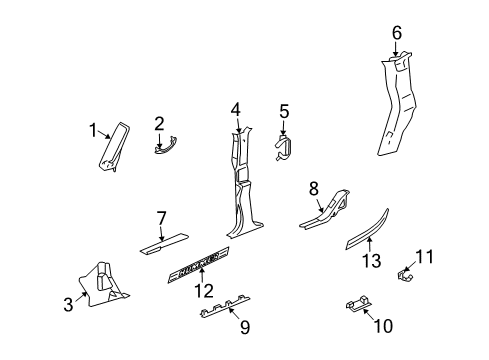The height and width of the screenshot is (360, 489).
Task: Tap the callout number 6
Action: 397,33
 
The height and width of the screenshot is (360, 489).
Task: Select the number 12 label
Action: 205,290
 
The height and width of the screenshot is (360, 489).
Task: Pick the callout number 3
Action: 68,304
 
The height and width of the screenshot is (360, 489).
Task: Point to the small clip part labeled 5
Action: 286,147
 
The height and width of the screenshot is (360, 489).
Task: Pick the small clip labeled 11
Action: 405,272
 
